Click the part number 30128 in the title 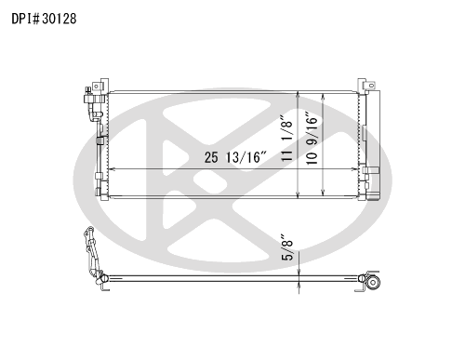[60, 19]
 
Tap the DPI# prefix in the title [26, 19]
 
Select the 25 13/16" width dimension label [235, 157]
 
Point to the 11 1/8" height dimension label [287, 139]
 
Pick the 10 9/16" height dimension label [312, 139]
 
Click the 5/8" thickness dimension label [287, 247]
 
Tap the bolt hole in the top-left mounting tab [96, 86]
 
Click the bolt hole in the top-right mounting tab [370, 85]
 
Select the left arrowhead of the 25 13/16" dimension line [112, 169]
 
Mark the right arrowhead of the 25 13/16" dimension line [354, 169]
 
